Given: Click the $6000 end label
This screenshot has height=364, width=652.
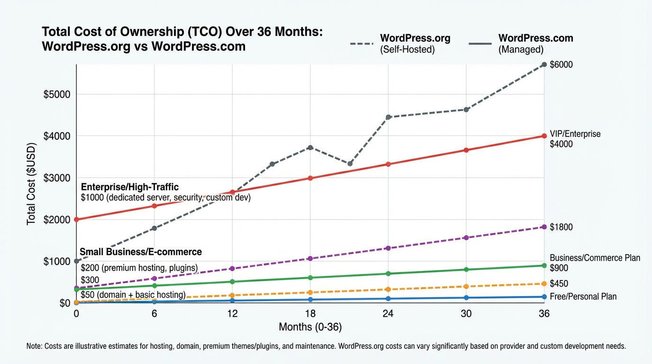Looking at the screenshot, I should (x=561, y=65).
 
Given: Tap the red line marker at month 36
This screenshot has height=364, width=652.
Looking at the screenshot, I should (x=544, y=136).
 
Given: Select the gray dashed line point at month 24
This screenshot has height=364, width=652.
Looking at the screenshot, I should (x=389, y=117).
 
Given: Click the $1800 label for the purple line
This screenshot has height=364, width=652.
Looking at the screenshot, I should (x=561, y=227).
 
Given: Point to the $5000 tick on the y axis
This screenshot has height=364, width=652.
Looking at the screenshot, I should (x=57, y=94).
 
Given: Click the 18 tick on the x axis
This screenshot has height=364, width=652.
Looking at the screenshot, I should (x=310, y=313).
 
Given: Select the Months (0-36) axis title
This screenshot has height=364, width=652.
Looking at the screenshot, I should (x=310, y=327).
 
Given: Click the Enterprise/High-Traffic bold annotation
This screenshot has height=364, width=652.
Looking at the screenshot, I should (x=130, y=187).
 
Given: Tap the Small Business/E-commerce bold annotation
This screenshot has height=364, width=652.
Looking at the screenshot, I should (x=141, y=252).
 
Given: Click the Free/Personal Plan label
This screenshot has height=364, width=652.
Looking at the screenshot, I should (x=583, y=297).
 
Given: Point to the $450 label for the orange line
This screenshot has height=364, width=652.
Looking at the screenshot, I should (x=559, y=284).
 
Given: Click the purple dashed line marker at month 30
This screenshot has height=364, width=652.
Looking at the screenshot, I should (x=466, y=237).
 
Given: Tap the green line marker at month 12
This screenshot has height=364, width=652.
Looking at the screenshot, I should (x=232, y=282).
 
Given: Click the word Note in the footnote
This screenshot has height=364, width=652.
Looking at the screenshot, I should (x=34, y=346).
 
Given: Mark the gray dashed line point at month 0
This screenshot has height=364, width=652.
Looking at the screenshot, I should (x=76, y=261).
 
